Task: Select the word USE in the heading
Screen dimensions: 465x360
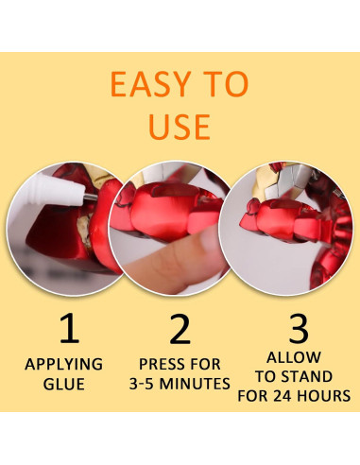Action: (180, 125)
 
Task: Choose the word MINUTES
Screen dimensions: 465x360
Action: (201, 384)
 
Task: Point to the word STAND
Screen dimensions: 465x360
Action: (307, 377)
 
